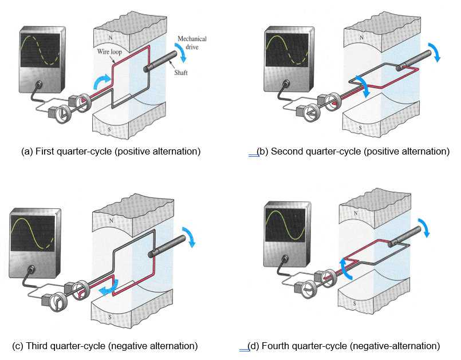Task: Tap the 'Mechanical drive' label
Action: (x=192, y=43)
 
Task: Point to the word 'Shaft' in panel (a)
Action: (x=181, y=73)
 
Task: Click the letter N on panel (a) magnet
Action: (x=109, y=35)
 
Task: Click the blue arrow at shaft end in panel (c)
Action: (x=188, y=236)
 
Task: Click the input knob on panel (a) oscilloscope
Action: (x=40, y=85)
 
